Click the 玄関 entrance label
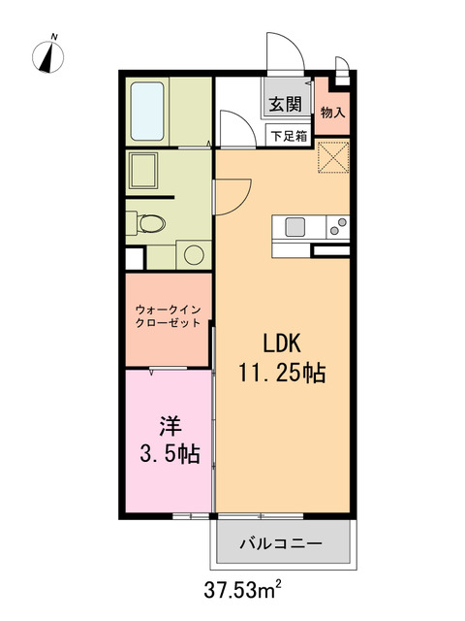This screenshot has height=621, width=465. pos(286,105)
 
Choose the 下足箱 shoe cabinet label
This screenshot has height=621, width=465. pos(289,137)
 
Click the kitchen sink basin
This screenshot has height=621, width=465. pos(294,227)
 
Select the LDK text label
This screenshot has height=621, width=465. pos(282,343)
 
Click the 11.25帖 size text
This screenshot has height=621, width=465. pos(282,372)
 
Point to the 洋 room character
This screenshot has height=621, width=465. pos(170,425)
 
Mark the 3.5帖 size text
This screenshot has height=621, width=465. pos(171,453)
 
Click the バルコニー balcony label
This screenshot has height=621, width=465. pos(281,542)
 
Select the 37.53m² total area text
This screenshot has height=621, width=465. pos(243,588)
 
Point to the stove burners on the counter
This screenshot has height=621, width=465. pos(337,228)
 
